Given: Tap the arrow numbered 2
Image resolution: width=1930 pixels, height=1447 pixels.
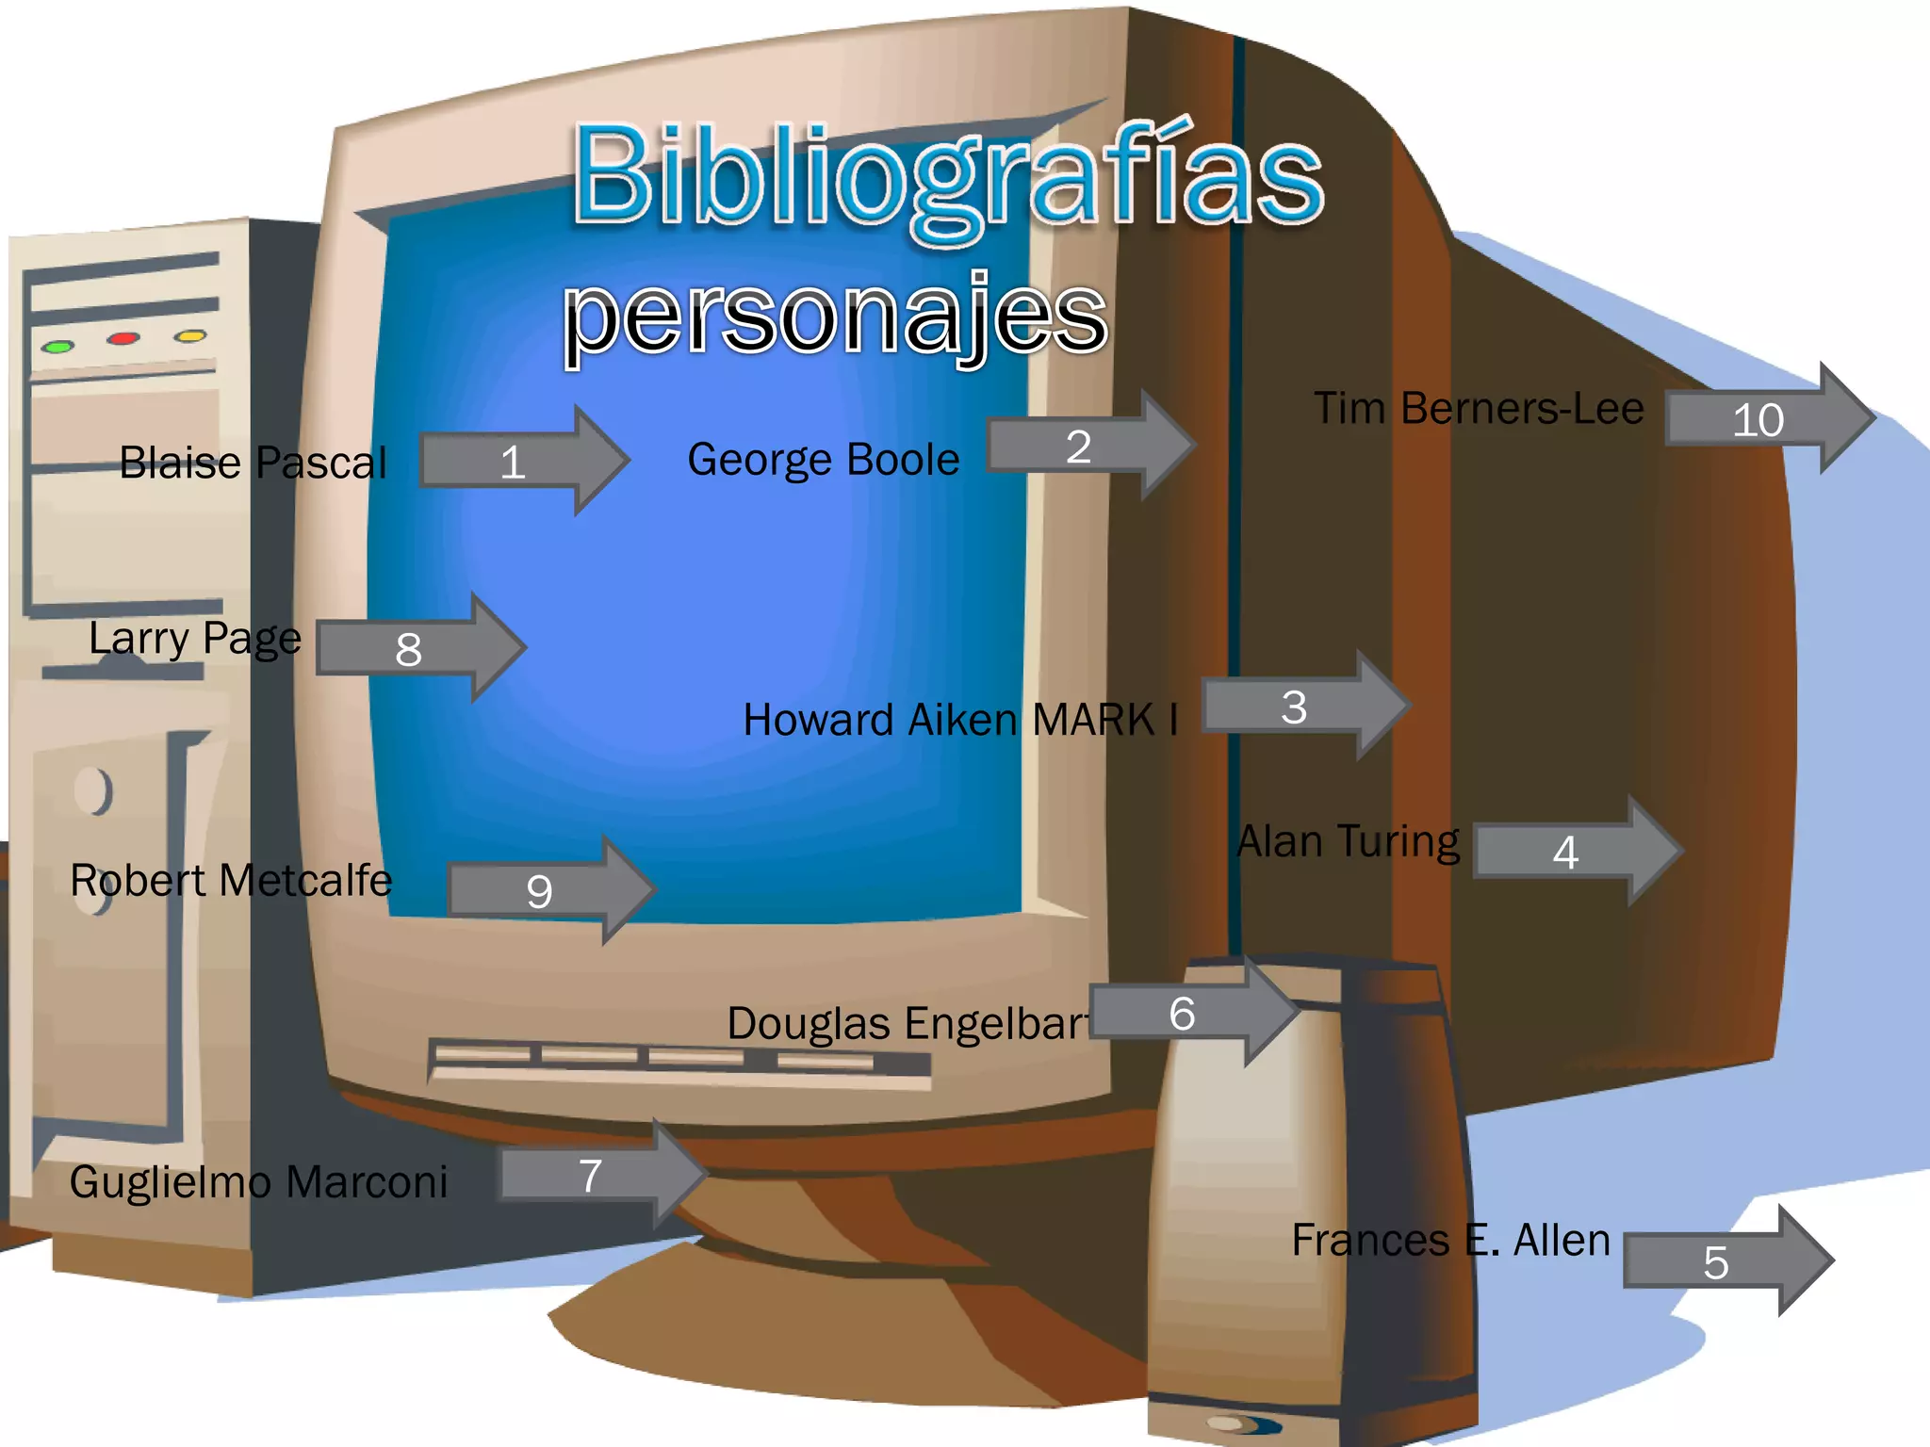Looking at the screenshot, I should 1088,446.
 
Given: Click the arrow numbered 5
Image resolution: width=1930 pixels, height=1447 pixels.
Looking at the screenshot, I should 1725,1261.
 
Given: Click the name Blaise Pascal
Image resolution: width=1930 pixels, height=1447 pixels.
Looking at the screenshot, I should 253,463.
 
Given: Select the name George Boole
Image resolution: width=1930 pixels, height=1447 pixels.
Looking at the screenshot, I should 823,460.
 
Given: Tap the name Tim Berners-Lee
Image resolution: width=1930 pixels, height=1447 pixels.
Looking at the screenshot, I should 1478,409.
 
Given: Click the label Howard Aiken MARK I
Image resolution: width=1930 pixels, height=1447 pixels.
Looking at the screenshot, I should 959,720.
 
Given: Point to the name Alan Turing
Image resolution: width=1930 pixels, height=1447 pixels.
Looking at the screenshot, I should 1348,841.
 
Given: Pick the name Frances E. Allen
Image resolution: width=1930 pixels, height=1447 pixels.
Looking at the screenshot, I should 1450,1240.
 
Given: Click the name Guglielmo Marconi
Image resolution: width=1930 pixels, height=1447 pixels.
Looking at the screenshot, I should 258,1182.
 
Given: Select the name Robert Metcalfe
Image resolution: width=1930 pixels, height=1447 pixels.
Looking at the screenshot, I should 231,881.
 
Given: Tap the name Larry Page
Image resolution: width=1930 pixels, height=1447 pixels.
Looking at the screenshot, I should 195,639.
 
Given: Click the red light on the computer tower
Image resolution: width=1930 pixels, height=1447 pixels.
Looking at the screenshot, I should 123,338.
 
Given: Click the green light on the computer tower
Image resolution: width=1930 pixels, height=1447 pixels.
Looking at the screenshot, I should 57,347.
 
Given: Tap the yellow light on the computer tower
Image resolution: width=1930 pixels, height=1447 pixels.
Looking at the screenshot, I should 190,335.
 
